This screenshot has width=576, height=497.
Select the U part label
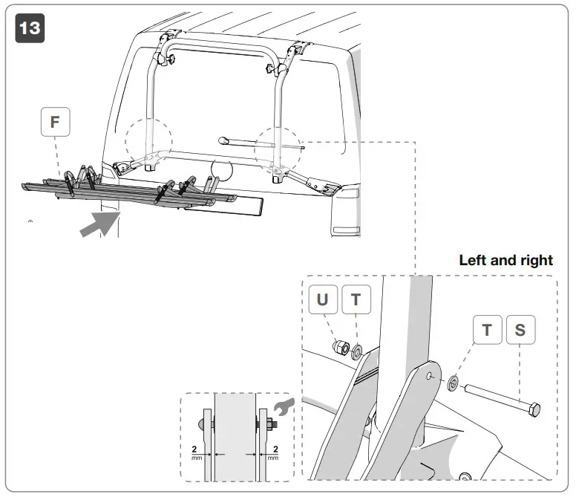[322, 299]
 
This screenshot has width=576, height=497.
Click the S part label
[520, 331]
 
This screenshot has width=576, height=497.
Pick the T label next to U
[356, 299]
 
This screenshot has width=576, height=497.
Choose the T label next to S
[487, 331]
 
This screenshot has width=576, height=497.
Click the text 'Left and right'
[505, 261]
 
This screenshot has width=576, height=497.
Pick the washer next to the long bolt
[453, 385]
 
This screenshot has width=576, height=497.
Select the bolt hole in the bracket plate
[430, 376]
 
